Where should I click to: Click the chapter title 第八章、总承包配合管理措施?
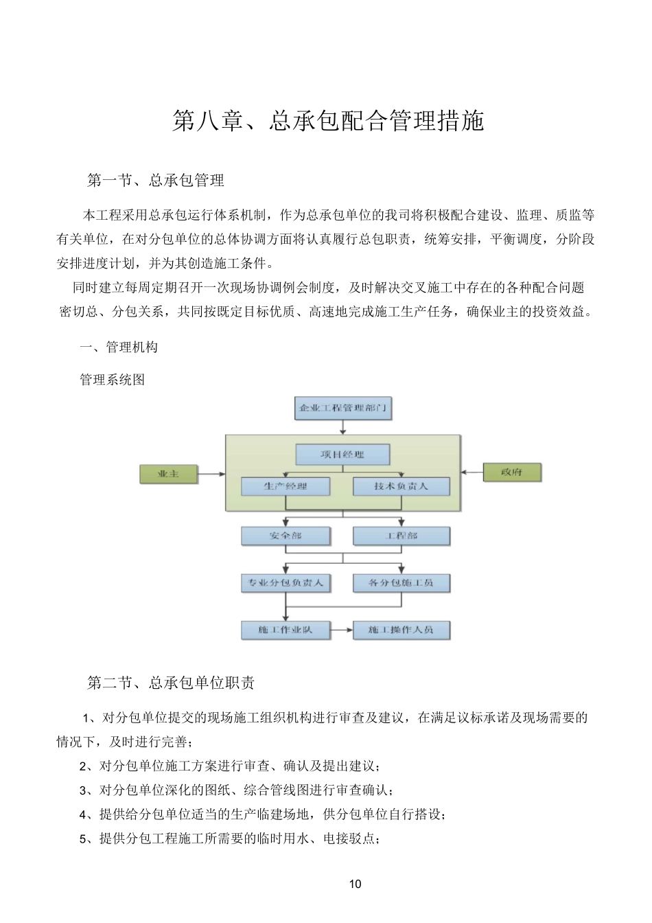point(327,121)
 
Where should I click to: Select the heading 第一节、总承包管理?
point(156,181)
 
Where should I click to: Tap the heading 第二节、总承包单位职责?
point(171,683)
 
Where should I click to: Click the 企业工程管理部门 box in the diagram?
point(343,408)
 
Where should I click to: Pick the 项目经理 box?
point(342,454)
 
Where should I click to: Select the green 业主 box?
point(168,474)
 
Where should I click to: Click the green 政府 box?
point(512,472)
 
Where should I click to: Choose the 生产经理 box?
point(286,486)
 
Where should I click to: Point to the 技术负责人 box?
point(401,486)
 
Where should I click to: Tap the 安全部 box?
point(286,536)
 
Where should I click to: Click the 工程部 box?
point(401,536)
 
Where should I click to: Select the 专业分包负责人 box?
point(286,583)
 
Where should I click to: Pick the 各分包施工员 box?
point(401,583)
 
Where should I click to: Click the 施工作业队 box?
point(286,630)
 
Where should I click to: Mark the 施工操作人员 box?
point(401,630)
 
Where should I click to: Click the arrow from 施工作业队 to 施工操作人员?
point(342,630)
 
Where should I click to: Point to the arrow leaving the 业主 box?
point(212,474)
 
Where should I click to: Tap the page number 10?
point(355,884)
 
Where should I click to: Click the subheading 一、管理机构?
point(119,347)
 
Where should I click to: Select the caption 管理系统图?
point(113,380)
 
